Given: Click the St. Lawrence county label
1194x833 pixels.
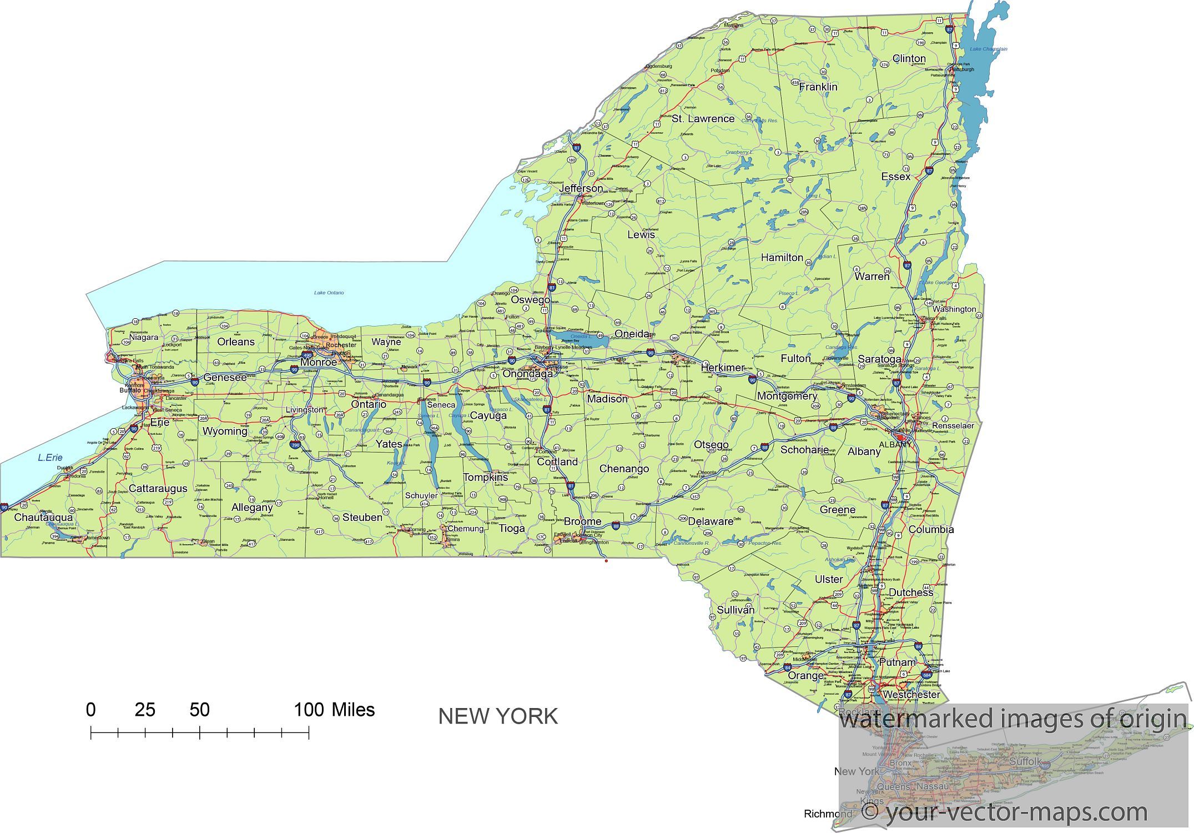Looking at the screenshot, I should (703, 119).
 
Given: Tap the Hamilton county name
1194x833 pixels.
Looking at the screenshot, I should (782, 258).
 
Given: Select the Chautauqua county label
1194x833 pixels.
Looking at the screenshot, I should (43, 518).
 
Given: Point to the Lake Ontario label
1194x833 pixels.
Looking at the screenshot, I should (329, 293).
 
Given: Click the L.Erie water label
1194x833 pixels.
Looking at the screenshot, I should (50, 458).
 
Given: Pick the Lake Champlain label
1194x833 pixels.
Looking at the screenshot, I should (988, 49).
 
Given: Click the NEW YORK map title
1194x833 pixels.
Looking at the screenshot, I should (498, 716).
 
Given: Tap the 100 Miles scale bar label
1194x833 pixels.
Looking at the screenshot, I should (334, 710).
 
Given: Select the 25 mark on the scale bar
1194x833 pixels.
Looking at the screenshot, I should (145, 710).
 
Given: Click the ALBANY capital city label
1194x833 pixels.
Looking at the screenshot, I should (895, 444).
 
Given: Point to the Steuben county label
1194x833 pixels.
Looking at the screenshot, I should (362, 518).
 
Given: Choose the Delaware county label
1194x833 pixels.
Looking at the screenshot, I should (711, 521).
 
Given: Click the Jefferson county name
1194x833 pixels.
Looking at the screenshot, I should (581, 188).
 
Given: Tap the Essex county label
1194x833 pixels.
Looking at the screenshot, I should (895, 177).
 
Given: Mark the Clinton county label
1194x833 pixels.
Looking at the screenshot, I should (909, 58).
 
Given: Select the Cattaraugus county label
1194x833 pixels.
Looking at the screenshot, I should (158, 489).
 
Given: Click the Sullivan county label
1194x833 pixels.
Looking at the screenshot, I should (735, 610).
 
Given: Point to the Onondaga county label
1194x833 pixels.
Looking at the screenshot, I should (527, 374).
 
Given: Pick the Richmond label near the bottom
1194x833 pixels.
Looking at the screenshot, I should (828, 814).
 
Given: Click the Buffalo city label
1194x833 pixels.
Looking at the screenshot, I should (130, 390).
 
